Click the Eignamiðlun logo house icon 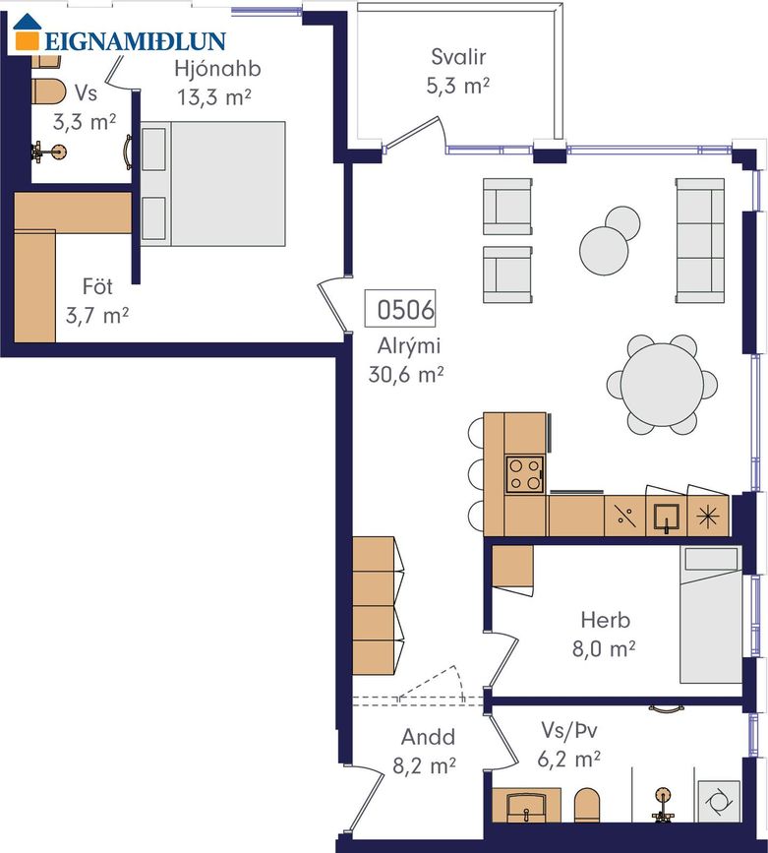(x=28, y=32)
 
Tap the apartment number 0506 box (x=400, y=309)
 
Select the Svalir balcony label (x=458, y=57)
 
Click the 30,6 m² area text (x=406, y=375)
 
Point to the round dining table (x=662, y=384)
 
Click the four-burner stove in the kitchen (x=525, y=474)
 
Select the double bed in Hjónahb (x=212, y=183)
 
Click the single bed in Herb (x=710, y=615)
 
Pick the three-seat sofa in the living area (x=700, y=240)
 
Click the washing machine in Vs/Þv (x=719, y=802)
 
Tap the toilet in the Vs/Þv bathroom (x=587, y=805)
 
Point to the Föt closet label (x=98, y=286)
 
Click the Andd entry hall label (x=428, y=737)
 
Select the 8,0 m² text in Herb (x=604, y=649)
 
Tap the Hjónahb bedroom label (x=217, y=69)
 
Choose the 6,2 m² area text (x=569, y=759)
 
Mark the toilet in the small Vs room (x=49, y=91)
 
